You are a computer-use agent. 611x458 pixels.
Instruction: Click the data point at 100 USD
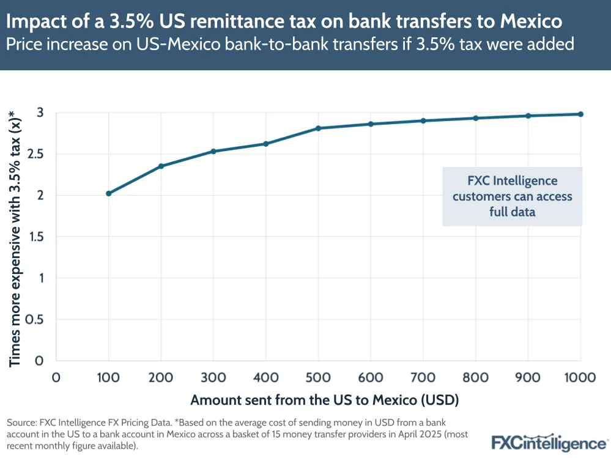(x=109, y=193)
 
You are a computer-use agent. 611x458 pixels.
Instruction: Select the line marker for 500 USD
(x=319, y=128)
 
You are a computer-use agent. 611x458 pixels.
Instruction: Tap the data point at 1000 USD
(x=580, y=114)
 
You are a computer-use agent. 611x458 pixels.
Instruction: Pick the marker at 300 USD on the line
(x=213, y=151)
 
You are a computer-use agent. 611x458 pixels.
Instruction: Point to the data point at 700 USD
(x=423, y=120)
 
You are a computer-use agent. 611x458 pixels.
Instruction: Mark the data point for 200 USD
(x=161, y=166)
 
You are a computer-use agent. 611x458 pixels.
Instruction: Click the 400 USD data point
(x=266, y=144)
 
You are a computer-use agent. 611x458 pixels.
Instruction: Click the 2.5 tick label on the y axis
(x=37, y=154)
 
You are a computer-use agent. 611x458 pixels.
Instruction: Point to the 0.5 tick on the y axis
(x=37, y=320)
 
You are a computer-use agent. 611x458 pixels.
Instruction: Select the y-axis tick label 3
(x=41, y=113)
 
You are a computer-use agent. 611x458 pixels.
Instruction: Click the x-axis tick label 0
(x=56, y=377)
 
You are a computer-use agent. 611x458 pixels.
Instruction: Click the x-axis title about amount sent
(x=325, y=401)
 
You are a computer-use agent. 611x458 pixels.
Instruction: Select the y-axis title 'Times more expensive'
(x=15, y=237)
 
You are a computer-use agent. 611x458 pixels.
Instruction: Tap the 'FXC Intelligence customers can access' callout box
(x=513, y=197)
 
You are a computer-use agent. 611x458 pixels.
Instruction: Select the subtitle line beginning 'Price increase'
(x=291, y=45)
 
